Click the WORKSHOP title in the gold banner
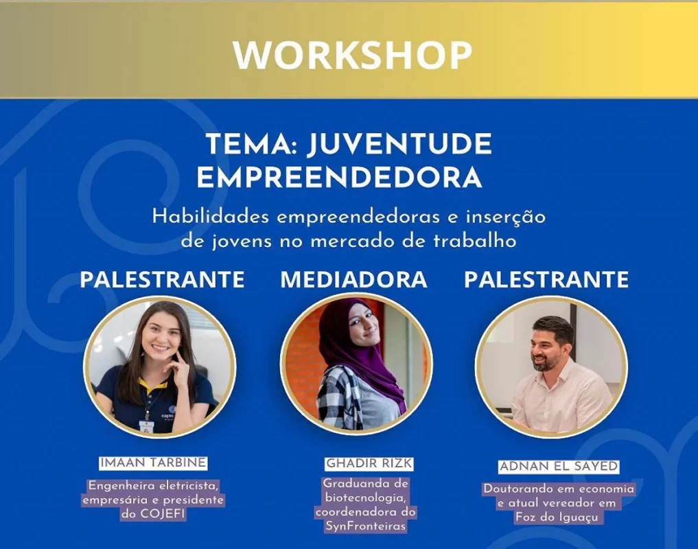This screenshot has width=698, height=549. tap(352, 55)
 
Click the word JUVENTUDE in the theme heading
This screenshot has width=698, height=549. tap(399, 144)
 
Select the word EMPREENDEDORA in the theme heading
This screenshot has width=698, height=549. tap(340, 177)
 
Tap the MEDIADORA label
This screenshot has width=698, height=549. tap(353, 279)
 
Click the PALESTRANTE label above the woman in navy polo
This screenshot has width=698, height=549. tap(162, 279)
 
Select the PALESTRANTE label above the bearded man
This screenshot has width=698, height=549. tap(546, 279)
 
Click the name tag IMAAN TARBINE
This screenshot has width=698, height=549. tap(153, 463)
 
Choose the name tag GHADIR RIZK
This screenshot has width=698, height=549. tap(369, 463)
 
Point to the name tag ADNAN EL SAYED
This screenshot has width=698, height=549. tap(559, 466)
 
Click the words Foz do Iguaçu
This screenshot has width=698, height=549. tap(557, 517)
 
